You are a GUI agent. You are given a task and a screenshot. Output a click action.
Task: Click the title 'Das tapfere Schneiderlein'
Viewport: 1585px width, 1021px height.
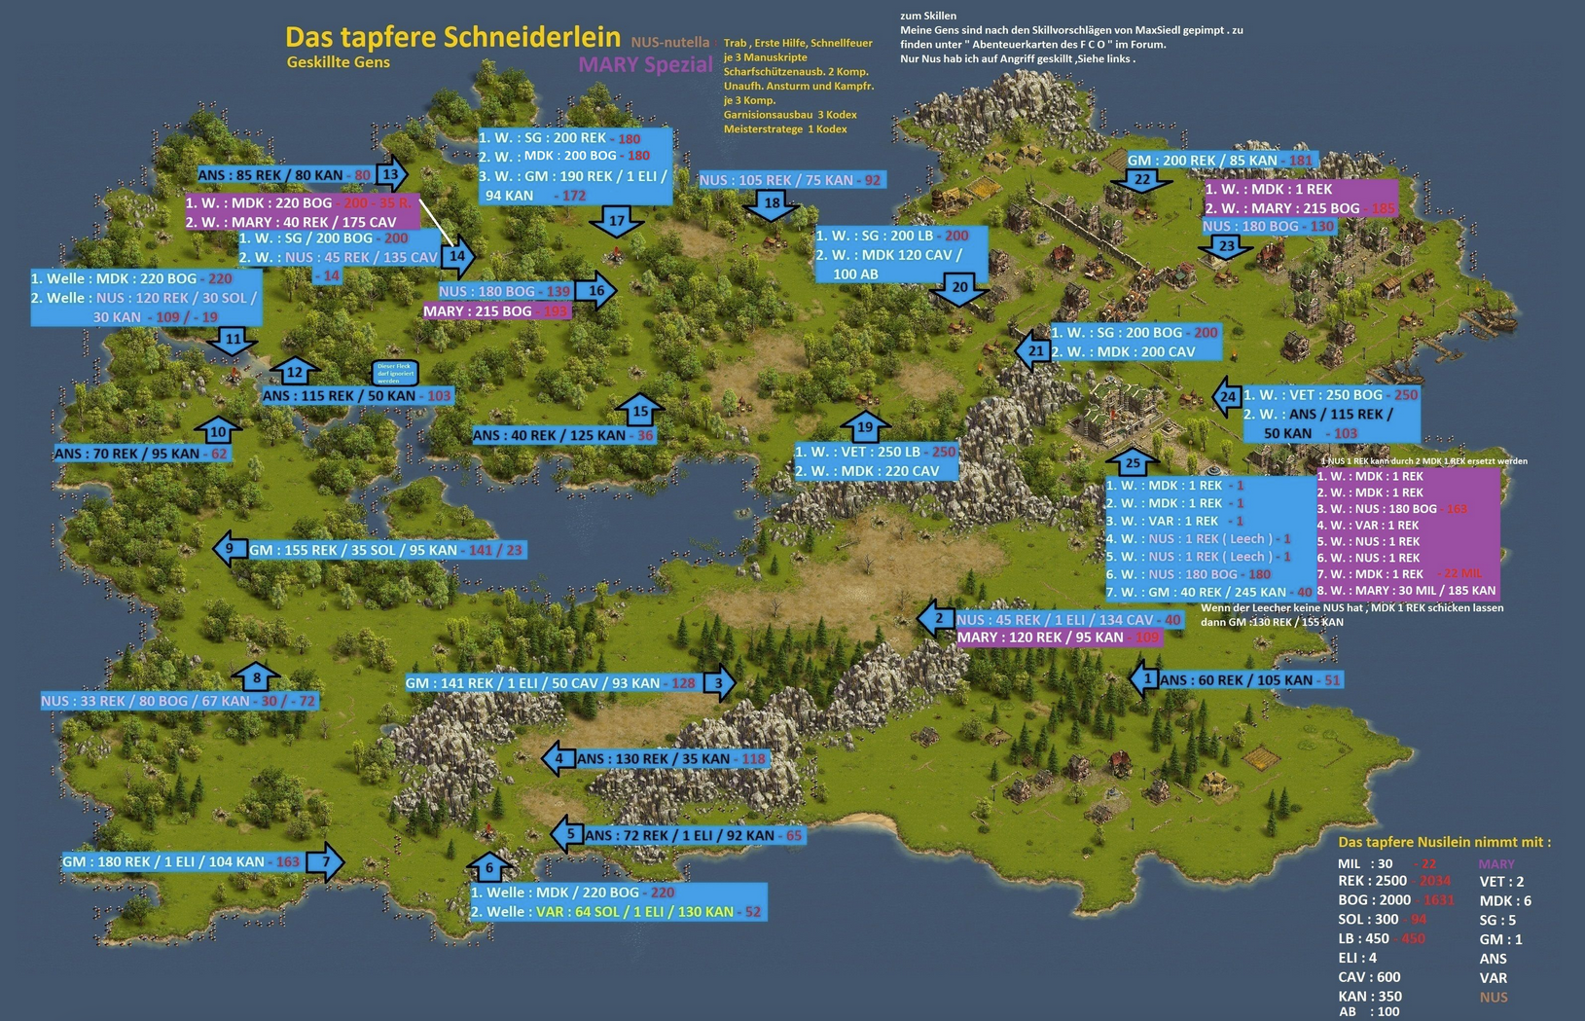click(452, 37)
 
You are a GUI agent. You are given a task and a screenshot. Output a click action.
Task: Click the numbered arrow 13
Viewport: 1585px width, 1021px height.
click(391, 175)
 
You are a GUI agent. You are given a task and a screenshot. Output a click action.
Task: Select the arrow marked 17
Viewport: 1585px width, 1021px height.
click(617, 222)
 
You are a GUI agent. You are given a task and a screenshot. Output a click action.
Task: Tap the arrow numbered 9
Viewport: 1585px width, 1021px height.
click(231, 549)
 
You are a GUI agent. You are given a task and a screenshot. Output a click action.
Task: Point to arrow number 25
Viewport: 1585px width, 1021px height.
click(1133, 462)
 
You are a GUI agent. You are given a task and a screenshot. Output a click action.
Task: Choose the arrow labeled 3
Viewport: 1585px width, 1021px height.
click(719, 682)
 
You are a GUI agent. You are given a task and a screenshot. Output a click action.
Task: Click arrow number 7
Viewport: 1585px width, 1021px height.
click(325, 861)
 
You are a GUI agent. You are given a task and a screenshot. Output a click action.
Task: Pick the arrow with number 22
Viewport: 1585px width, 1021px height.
click(1141, 180)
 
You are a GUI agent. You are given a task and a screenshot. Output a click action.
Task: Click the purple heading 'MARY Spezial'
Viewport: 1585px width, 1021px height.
click(645, 64)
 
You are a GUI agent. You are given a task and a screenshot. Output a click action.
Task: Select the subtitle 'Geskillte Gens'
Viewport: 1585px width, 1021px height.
click(338, 62)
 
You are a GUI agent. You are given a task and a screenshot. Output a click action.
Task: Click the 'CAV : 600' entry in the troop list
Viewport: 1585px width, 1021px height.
click(1368, 977)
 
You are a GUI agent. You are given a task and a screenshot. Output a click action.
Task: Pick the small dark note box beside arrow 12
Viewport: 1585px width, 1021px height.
click(395, 373)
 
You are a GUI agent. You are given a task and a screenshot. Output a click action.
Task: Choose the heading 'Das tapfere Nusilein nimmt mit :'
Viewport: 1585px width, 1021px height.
click(1444, 842)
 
